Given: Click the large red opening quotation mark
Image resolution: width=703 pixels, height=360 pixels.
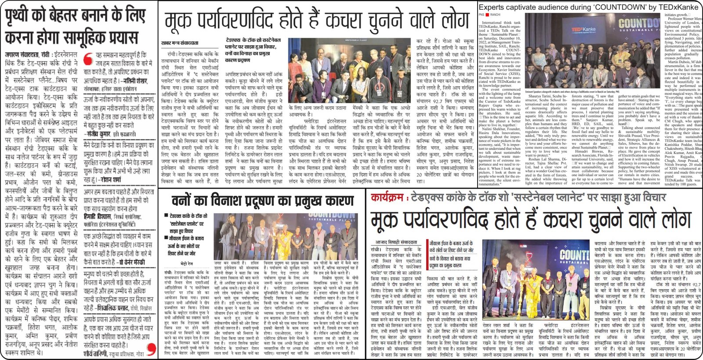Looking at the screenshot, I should (x=88, y=58).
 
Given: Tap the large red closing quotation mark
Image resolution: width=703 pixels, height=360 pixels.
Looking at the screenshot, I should (x=151, y=349).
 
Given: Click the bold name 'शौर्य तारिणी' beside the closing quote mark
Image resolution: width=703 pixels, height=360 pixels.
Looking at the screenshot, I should (x=96, y=353).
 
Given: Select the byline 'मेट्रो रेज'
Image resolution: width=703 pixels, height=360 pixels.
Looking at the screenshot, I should (x=187, y=264).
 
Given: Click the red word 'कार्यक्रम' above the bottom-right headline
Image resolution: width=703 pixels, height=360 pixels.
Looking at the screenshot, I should (x=387, y=197).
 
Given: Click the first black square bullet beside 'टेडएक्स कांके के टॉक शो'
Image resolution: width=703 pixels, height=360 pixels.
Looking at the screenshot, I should (x=167, y=216).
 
